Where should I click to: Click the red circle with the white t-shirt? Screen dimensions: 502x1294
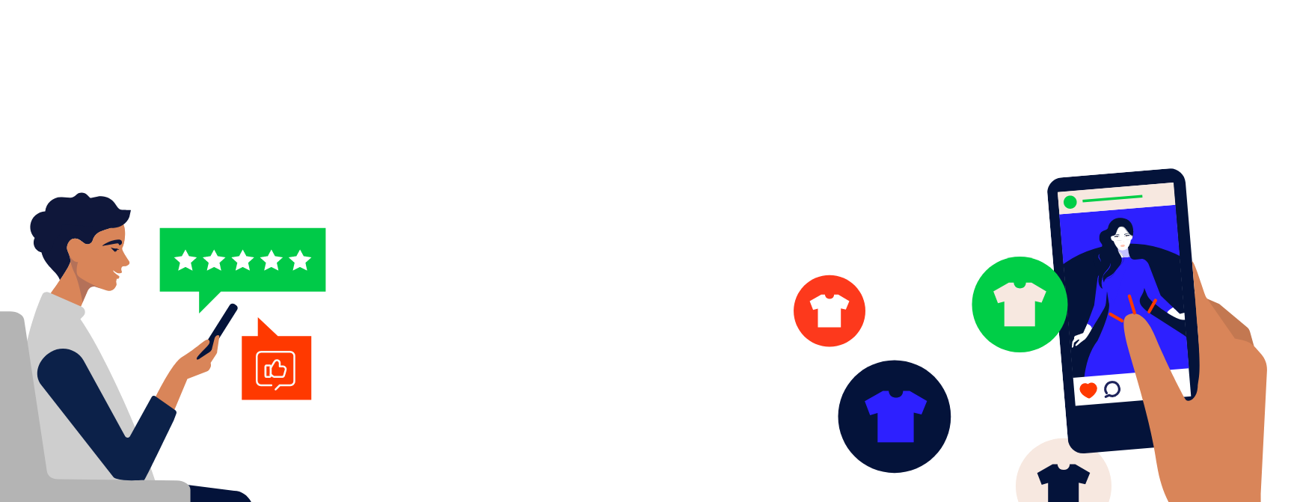click(829, 310)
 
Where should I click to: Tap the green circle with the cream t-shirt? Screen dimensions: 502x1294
click(1019, 304)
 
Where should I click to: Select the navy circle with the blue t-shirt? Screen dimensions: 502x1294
click(895, 416)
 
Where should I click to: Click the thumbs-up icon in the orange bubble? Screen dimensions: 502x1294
click(276, 369)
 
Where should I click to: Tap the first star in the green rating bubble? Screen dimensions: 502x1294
click(185, 260)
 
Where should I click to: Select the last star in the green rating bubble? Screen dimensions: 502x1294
click(300, 260)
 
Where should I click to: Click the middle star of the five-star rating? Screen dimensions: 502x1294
click(242, 260)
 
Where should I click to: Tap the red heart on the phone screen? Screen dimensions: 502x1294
click(1088, 390)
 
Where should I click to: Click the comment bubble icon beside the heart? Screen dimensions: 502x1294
click(1112, 388)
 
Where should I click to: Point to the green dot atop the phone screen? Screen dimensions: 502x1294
click(1070, 202)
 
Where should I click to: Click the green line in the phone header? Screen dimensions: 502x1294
click(1112, 199)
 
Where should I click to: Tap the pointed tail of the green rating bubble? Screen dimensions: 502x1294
click(207, 301)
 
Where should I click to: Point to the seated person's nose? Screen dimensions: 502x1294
click(126, 260)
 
